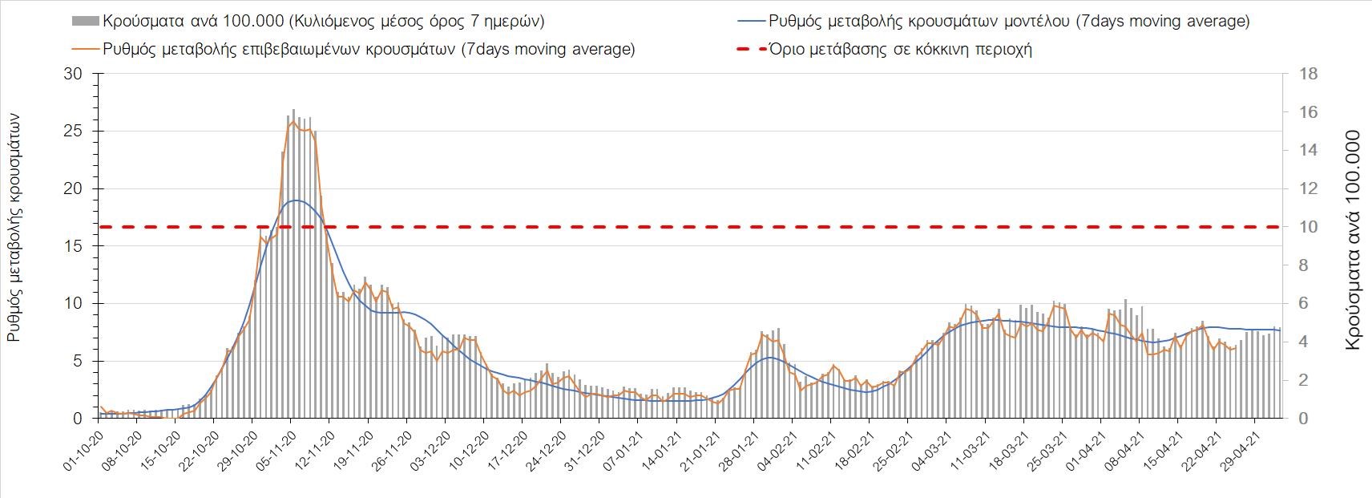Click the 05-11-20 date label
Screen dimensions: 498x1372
276,454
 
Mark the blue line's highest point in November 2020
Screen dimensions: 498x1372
296,200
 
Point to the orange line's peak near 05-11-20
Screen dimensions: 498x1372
293,121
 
